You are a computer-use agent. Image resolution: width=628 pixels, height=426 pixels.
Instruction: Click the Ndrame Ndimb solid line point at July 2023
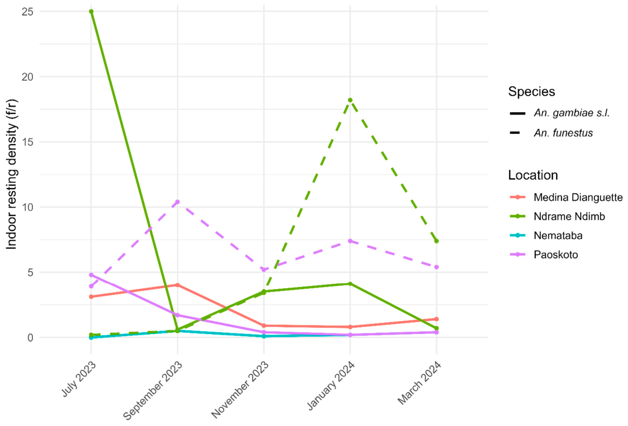[91, 12]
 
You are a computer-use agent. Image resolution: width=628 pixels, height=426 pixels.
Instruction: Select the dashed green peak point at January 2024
[350, 100]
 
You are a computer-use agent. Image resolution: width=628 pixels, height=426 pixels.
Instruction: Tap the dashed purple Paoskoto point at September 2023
[177, 202]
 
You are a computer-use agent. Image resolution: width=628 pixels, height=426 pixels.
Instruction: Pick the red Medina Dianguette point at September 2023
[177, 285]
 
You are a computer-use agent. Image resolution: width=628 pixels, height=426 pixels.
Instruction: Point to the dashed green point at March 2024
[436, 241]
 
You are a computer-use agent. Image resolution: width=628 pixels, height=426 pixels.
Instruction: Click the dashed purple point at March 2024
[436, 267]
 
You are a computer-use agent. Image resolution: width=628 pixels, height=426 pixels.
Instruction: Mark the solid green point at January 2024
[350, 284]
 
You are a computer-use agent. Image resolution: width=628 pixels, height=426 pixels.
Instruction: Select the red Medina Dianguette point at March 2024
[436, 319]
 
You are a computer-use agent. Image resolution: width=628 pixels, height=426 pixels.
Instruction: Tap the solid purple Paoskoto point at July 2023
[91, 275]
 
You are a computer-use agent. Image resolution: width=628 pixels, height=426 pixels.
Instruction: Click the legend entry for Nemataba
[546, 235]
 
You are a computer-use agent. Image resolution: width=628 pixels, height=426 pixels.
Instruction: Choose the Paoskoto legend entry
[544, 255]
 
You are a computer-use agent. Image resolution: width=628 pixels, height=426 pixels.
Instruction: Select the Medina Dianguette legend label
[578, 197]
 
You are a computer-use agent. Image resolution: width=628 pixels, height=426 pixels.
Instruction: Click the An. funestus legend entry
[551, 133]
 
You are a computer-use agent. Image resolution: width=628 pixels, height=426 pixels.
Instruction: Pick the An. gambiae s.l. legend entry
[560, 113]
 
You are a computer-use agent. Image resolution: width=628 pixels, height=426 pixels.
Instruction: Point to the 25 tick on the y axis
[27, 12]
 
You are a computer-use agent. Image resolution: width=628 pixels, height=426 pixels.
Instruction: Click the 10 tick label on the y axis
[27, 207]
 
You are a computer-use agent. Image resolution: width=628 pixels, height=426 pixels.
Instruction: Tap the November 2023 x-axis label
[240, 390]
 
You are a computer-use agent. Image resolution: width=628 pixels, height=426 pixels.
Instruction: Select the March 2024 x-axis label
[419, 383]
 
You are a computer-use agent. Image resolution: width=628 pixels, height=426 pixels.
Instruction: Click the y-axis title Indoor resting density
[12, 174]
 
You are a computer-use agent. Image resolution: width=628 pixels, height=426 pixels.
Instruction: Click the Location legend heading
[533, 175]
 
